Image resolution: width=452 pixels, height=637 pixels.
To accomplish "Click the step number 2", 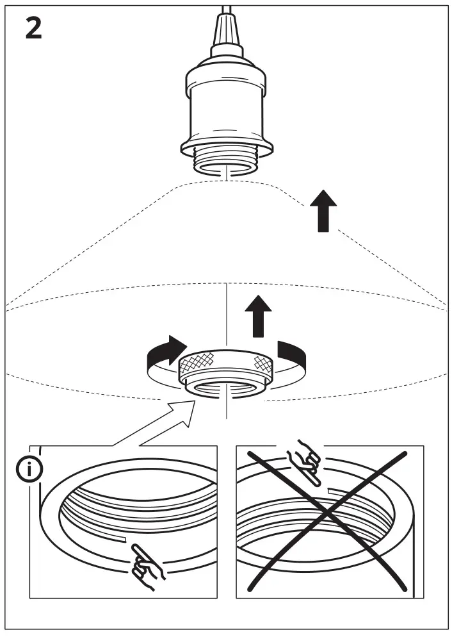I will pos(34,28).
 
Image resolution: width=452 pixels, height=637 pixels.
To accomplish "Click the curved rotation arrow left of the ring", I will pos(164,354).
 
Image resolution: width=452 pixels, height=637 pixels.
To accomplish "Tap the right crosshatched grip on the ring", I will pos(263,363).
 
